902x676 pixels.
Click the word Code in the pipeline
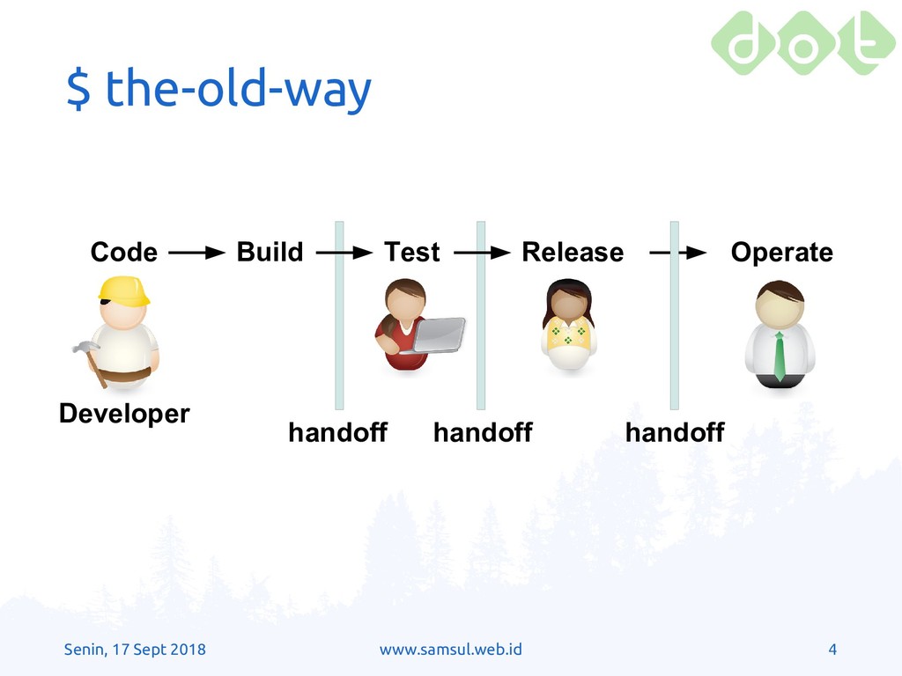coord(123,253)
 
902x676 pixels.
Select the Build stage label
coord(270,252)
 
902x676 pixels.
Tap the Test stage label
coord(412,253)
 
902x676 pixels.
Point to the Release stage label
coord(573,253)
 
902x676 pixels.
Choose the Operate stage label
coord(782,253)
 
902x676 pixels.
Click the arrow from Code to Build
coord(196,253)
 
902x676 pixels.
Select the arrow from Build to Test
coord(344,253)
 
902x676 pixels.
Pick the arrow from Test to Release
coord(482,253)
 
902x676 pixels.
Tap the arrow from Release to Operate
coord(677,253)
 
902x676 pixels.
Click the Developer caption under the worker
coord(124,414)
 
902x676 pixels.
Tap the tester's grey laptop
coord(438,334)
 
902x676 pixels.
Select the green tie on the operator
coord(779,356)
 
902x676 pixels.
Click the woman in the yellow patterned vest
coord(568,325)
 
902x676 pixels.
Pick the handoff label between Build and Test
coord(337,432)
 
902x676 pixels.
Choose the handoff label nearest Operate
coord(675,432)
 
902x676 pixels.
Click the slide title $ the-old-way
coord(218,89)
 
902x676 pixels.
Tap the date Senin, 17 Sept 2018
coord(135,650)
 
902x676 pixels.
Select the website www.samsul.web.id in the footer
coord(450,650)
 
